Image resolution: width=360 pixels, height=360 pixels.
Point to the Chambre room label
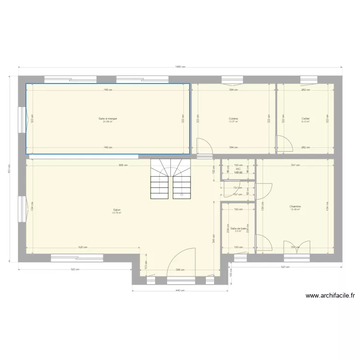click(295, 206)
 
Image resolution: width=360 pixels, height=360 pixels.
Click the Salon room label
click(117, 210)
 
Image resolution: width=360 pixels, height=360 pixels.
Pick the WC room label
click(238, 168)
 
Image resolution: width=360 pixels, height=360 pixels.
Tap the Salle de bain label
click(238, 228)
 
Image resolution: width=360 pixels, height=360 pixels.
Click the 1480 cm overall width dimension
click(180, 67)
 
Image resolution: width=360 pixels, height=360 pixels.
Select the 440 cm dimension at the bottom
click(179, 290)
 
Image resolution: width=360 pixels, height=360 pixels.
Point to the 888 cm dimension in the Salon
click(123, 165)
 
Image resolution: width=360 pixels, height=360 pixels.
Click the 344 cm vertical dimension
click(213, 236)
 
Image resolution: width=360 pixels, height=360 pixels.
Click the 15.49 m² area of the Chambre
click(295, 209)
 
